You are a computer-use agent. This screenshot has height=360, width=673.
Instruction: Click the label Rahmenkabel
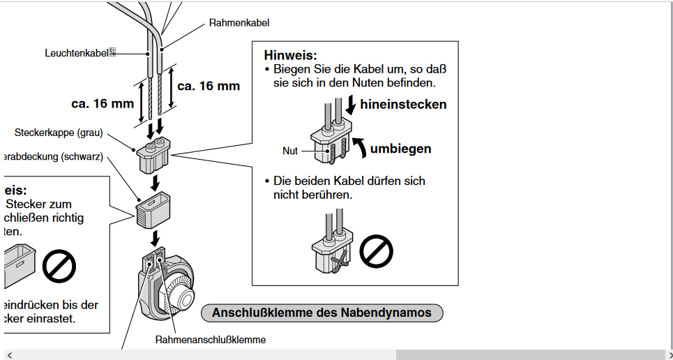239,23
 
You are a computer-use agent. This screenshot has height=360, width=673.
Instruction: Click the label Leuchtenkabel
77,53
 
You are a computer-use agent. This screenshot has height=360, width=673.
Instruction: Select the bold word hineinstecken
403,105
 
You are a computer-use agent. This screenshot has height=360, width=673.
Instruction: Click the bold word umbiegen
400,149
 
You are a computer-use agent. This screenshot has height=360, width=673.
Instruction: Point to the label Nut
290,151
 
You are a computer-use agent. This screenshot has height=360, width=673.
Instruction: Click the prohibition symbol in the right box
376,250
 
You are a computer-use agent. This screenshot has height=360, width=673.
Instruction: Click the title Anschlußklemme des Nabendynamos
322,313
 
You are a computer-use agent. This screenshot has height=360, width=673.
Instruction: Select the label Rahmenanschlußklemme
211,340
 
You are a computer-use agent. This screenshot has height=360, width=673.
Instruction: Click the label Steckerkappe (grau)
59,133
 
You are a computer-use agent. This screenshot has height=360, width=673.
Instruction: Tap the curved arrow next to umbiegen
360,147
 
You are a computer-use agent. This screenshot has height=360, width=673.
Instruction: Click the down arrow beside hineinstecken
350,105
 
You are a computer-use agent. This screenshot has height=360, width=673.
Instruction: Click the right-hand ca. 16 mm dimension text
209,86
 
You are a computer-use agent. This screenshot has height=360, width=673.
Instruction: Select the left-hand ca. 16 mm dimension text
103,103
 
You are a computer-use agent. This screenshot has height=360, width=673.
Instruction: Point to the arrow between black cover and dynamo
153,239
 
